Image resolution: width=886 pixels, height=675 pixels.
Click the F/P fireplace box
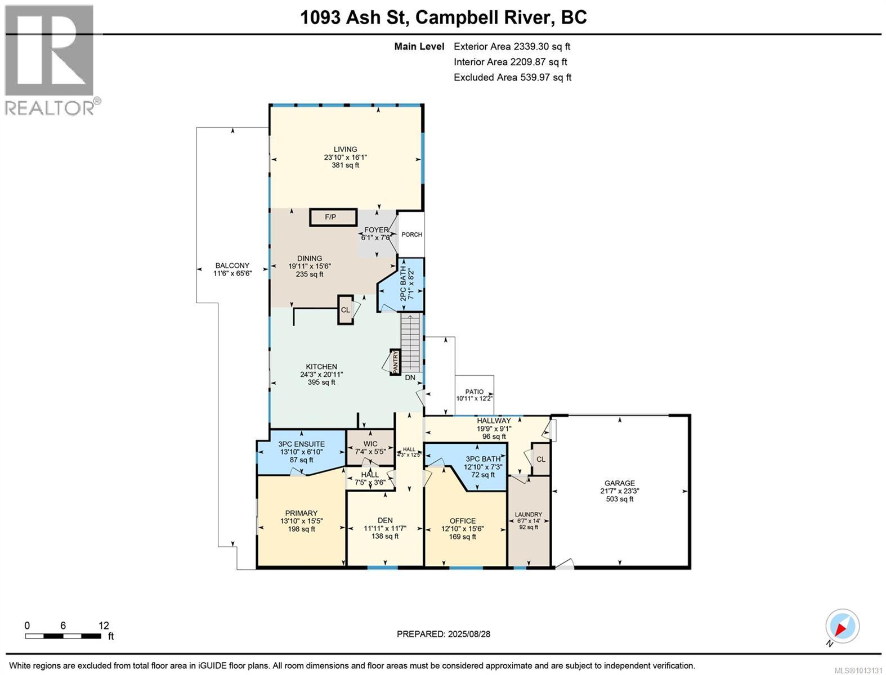333,217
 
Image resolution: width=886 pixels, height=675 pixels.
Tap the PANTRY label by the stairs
395,362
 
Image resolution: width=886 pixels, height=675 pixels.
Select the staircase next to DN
410,341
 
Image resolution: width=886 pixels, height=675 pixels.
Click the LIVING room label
345,150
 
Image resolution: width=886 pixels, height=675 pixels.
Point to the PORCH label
411,235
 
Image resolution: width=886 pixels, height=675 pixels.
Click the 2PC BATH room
407,286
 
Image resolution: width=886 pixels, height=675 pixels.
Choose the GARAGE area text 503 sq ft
619,499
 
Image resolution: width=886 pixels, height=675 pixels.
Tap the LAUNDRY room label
529,514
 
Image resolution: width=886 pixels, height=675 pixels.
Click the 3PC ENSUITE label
301,444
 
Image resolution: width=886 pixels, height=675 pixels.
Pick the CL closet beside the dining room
345,310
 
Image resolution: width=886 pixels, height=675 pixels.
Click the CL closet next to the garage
540,459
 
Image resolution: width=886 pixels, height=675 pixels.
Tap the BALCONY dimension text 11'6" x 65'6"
232,274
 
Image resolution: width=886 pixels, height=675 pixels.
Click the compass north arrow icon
843,627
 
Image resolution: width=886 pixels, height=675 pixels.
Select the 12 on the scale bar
104,625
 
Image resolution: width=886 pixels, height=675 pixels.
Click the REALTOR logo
50,59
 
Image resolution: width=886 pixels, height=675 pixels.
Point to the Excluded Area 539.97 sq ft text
512,78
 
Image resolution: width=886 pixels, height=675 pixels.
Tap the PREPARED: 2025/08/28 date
443,634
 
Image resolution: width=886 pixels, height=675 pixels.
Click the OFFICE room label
462,521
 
